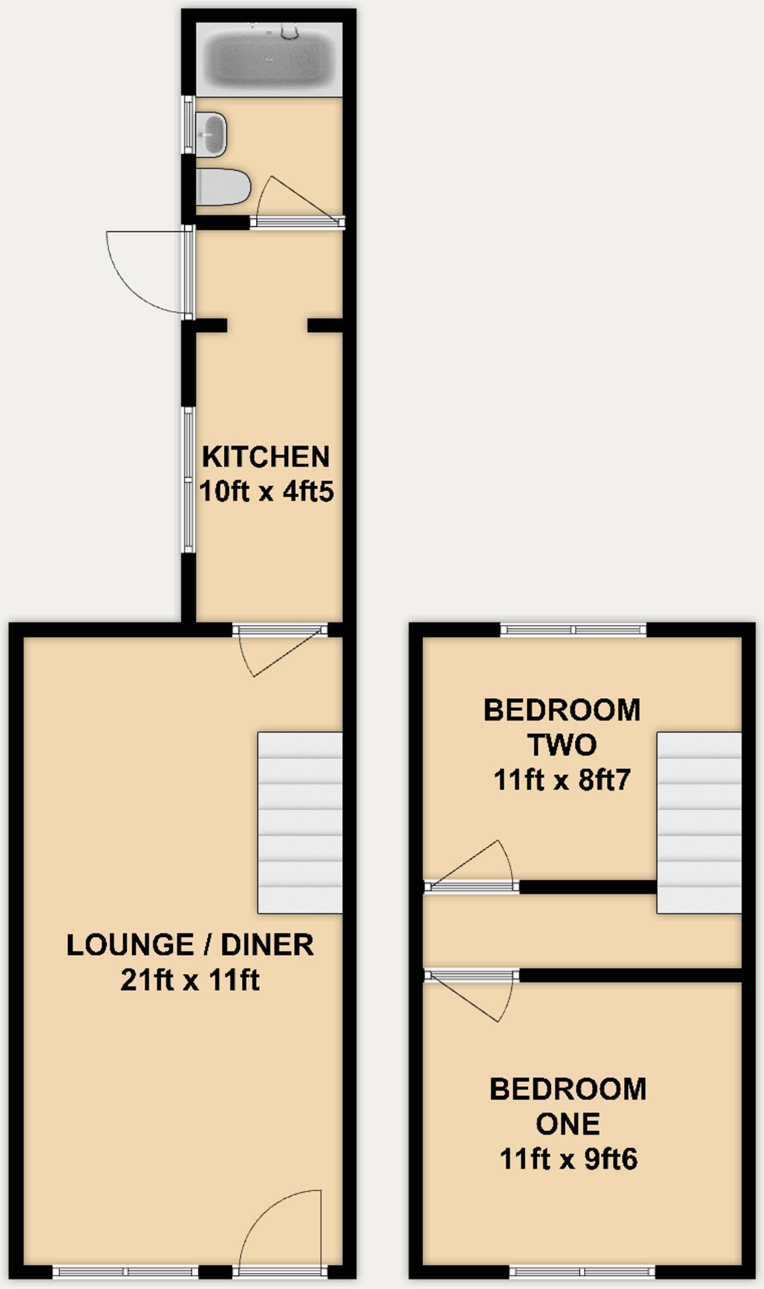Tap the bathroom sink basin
(211, 134)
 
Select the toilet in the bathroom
(223, 187)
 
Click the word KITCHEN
(266, 457)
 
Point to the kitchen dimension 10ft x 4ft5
(266, 492)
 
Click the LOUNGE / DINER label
(190, 945)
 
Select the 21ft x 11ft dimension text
(190, 980)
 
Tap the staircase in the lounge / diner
(300, 822)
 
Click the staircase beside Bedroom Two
(699, 822)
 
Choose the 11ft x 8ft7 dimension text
(562, 780)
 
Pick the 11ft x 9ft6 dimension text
(568, 1159)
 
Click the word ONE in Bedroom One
(568, 1124)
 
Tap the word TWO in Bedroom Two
(562, 745)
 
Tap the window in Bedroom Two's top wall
(573, 629)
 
